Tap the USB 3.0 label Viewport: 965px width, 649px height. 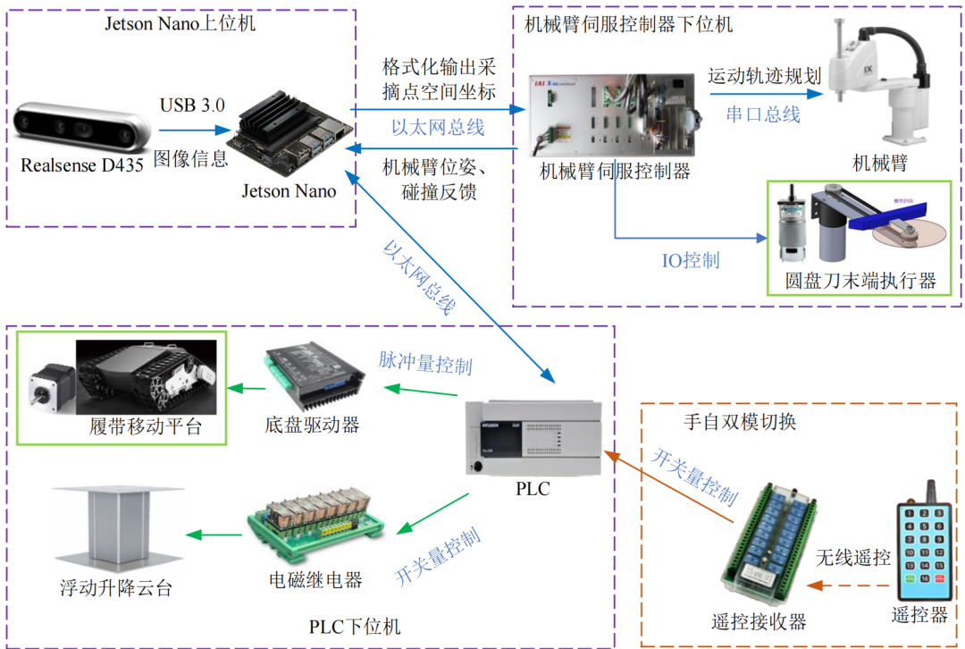click(192, 105)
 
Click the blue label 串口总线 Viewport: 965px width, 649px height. click(761, 114)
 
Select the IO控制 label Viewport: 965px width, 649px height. click(690, 261)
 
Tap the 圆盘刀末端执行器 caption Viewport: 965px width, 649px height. click(860, 281)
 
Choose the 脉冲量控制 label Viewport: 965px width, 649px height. click(425, 365)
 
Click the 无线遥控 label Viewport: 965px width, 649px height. click(852, 559)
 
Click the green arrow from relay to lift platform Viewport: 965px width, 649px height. click(214, 535)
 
